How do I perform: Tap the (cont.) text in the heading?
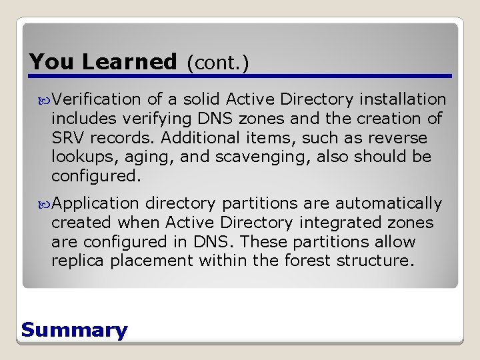click(217, 63)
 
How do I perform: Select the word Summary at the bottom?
click(74, 330)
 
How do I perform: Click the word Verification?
click(97, 99)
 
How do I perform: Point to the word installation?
click(403, 99)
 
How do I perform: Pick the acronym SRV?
click(67, 138)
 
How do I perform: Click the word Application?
click(96, 203)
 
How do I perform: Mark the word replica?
click(78, 261)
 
